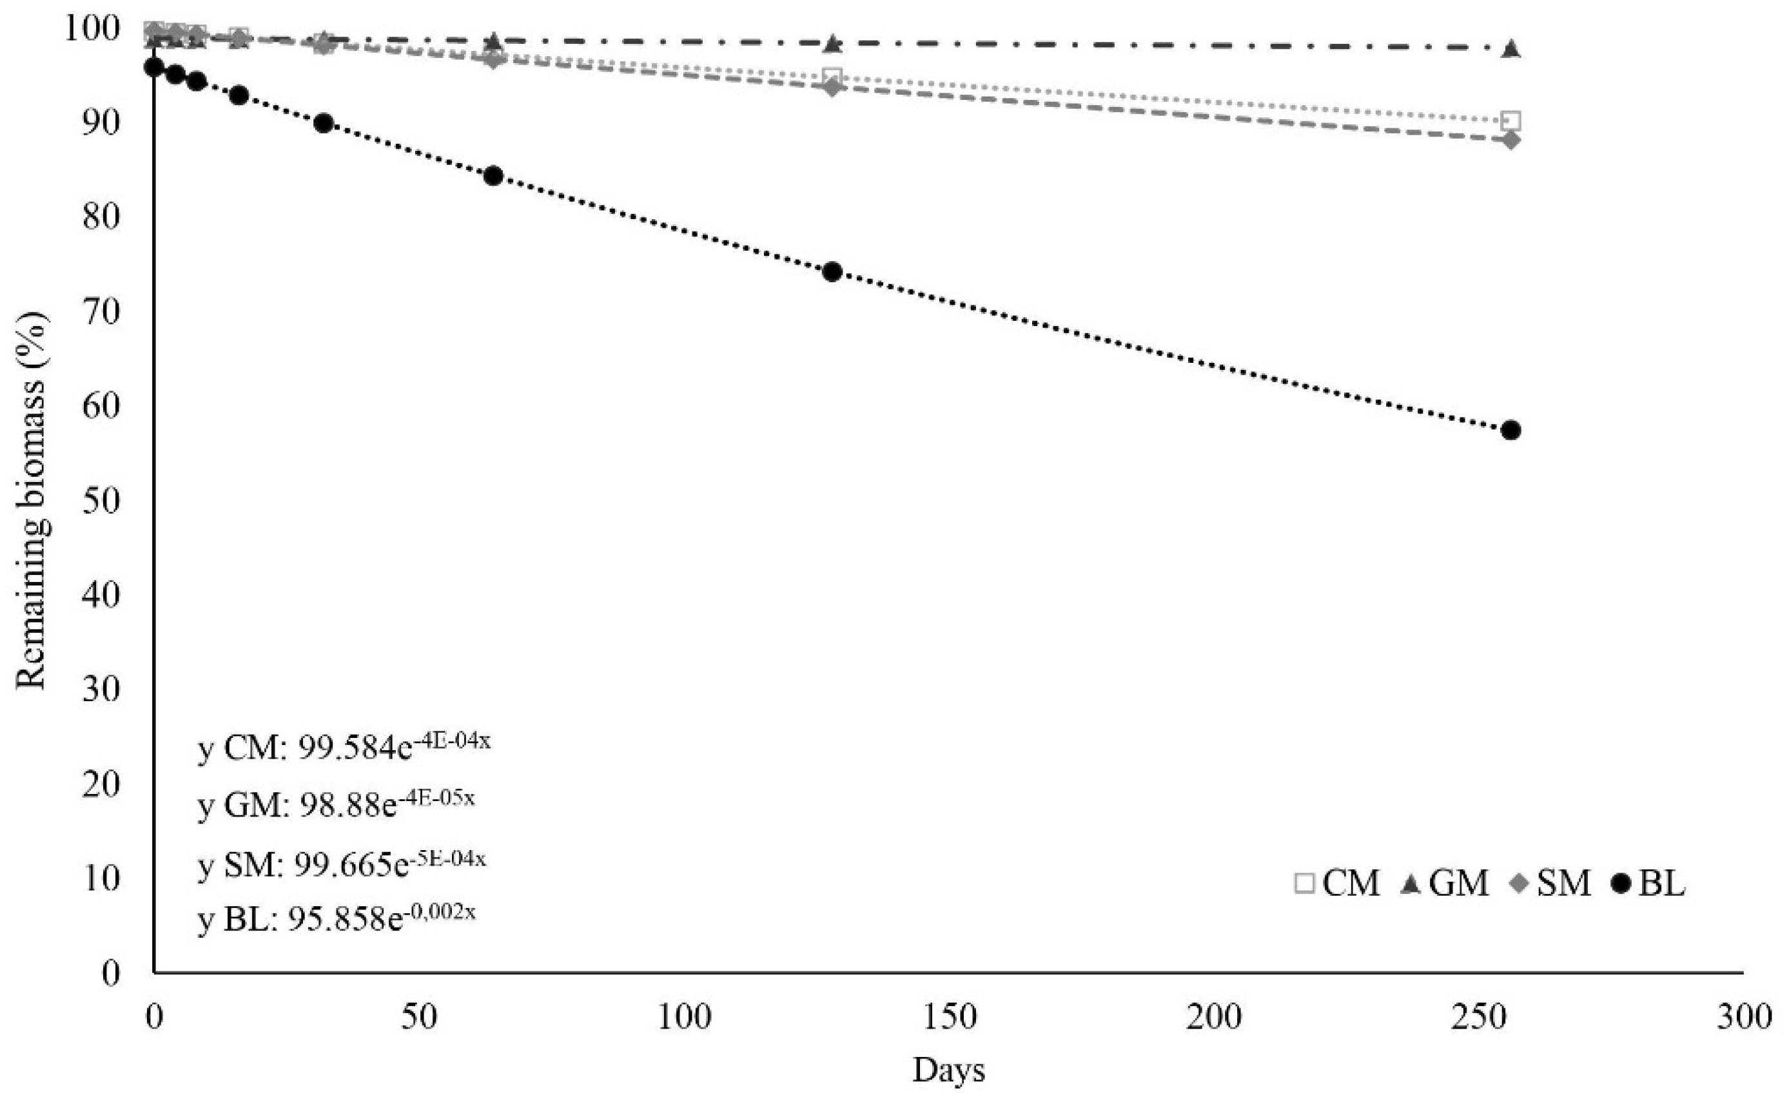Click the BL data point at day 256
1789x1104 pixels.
[1510, 430]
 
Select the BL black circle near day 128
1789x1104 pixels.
[832, 271]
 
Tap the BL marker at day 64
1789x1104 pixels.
[493, 175]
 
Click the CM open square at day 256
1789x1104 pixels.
[1510, 121]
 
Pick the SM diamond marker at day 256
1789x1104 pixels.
[1510, 139]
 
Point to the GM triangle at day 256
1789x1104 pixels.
[1510, 49]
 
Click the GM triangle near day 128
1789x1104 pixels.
[832, 44]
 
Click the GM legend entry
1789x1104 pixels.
[1443, 884]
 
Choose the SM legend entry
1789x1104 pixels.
[1549, 884]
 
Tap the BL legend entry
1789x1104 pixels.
[1648, 884]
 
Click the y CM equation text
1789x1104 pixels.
[343, 746]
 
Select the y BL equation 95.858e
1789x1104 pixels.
[336, 918]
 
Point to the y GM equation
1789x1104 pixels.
[336, 803]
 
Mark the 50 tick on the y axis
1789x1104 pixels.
[100, 501]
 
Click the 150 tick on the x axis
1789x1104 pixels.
[949, 1016]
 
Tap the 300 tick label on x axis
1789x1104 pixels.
[1744, 1016]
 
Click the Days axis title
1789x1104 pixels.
[948, 1070]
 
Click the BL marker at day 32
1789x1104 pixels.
[324, 122]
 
